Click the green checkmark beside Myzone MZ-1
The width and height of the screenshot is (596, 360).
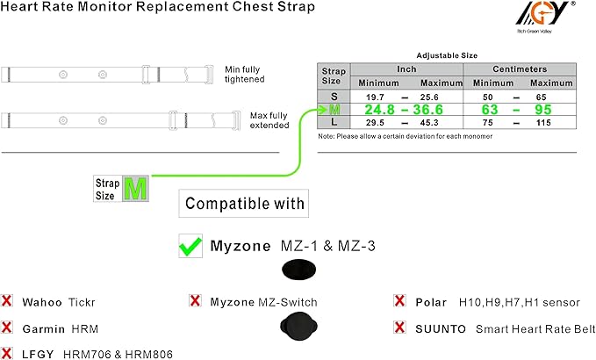click(191, 247)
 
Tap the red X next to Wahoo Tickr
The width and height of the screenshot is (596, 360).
click(7, 302)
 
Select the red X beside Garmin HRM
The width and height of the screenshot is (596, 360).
click(7, 328)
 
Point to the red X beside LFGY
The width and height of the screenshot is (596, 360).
click(7, 353)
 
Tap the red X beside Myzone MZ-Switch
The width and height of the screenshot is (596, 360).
click(195, 302)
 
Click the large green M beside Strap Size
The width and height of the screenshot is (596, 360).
click(134, 189)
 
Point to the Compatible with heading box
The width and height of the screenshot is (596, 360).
click(244, 205)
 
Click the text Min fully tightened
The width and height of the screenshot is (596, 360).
click(244, 75)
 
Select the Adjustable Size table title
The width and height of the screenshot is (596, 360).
click(446, 54)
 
